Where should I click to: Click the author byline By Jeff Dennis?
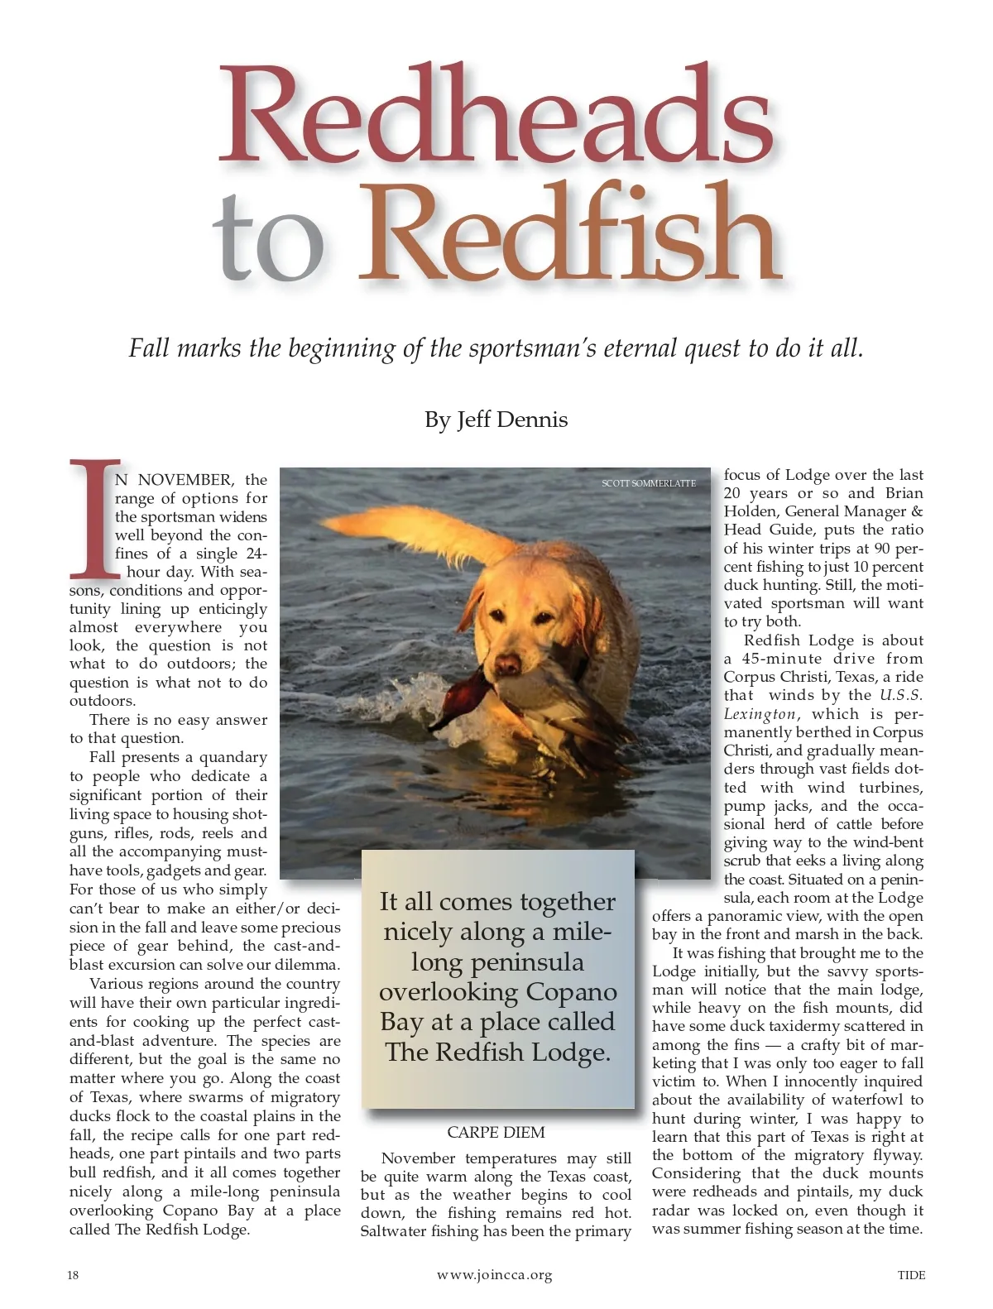click(496, 420)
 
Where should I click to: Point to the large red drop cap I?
click(93, 518)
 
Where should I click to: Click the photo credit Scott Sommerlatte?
click(648, 483)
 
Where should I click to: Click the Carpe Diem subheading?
click(496, 1132)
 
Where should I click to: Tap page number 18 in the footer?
click(73, 1275)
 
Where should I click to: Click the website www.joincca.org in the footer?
click(494, 1275)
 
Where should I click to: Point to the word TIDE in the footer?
click(911, 1275)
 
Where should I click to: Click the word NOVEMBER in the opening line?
click(186, 480)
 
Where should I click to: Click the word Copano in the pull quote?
click(572, 991)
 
